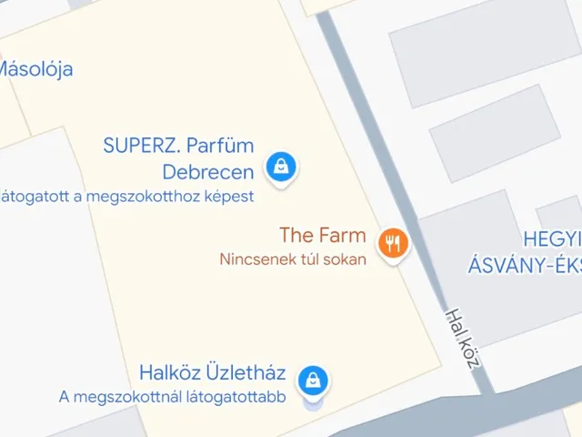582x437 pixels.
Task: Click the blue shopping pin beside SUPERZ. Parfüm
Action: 282,167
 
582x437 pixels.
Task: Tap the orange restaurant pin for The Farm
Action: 393,243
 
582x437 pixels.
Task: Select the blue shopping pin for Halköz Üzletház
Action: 313,378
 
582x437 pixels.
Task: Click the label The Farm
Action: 323,236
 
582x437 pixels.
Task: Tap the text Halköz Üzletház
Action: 213,372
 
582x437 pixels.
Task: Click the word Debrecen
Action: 207,171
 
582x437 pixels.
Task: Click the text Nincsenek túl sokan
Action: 293,259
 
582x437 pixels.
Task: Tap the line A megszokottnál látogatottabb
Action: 173,396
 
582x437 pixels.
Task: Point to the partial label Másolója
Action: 35,68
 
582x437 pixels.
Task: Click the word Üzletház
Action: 245,372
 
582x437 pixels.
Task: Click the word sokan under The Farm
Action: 346,259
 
